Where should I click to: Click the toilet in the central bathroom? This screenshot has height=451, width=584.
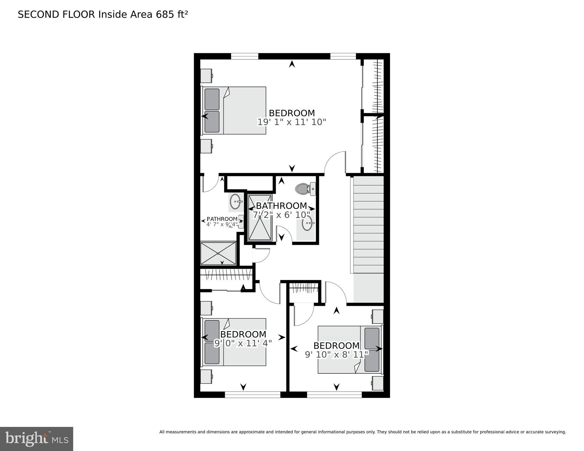tap(304, 189)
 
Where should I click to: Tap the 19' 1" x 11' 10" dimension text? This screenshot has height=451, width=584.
tap(292, 122)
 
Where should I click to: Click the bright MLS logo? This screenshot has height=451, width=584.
tap(36, 439)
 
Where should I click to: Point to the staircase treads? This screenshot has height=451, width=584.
tap(368, 225)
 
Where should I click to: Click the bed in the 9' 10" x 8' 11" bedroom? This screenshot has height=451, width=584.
tap(350, 350)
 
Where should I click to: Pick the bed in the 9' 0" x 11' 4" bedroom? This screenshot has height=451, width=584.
tap(233, 342)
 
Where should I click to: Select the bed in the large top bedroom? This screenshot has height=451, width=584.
tap(233, 110)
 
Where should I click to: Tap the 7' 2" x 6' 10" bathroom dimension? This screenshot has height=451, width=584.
tap(281, 215)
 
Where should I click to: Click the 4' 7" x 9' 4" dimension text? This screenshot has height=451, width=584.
tap(222, 224)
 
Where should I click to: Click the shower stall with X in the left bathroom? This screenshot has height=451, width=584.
tap(218, 253)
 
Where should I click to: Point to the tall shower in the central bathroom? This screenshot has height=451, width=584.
tap(260, 217)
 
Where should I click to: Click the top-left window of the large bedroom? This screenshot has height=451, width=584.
tap(244, 56)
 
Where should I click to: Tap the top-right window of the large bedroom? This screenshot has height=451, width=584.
tap(343, 56)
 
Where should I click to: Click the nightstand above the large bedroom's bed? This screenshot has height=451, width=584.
tap(206, 76)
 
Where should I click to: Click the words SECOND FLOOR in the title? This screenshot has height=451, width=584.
tap(56, 15)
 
